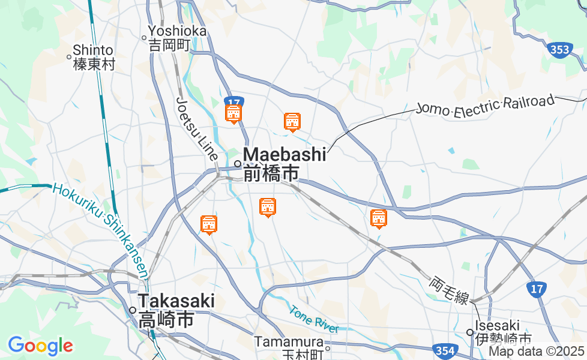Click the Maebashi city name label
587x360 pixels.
pyautogui.click(x=284, y=154)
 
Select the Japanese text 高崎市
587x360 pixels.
pyautogui.click(x=166, y=319)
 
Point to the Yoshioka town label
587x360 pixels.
pyautogui.click(x=177, y=31)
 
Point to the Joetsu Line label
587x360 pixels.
pyautogui.click(x=197, y=127)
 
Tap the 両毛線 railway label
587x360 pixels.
pyautogui.click(x=449, y=290)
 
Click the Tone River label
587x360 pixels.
pyautogui.click(x=313, y=320)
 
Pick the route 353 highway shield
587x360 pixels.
pyautogui.click(x=560, y=50)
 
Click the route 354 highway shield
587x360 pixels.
pyautogui.click(x=445, y=350)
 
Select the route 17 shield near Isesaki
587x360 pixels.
pyautogui.click(x=537, y=289)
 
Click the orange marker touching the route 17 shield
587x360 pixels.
pyautogui.click(x=233, y=113)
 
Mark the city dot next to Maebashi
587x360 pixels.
pyautogui.click(x=238, y=163)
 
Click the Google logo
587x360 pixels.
pyautogui.click(x=40, y=346)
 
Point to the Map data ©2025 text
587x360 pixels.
pyautogui.click(x=536, y=351)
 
